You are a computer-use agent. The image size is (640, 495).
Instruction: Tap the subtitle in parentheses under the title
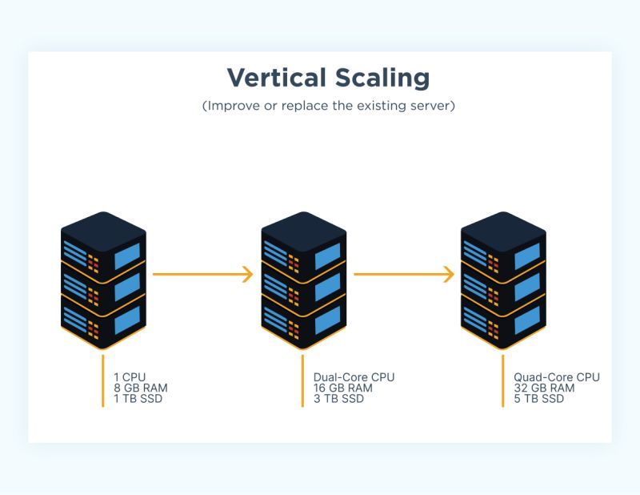[x=329, y=107]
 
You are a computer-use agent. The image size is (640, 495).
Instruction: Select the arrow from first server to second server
[x=202, y=274]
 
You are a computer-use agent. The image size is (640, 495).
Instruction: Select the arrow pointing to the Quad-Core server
[x=403, y=274]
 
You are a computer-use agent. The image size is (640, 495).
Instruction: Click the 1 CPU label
[x=130, y=377]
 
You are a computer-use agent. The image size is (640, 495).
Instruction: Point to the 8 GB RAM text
[x=141, y=388]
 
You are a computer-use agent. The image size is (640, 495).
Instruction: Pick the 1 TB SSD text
[x=138, y=398]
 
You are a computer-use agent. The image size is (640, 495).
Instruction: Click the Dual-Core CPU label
[x=354, y=377]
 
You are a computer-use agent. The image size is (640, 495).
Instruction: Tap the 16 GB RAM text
[x=343, y=388]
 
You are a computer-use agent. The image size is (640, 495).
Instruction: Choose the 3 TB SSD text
[x=338, y=398]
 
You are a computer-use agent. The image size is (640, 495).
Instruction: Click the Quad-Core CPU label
[x=557, y=377]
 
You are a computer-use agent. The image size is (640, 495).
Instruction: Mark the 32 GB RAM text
[x=544, y=388]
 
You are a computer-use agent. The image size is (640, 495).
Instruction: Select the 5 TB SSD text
[x=539, y=398]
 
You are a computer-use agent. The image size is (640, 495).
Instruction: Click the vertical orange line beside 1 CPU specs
[x=103, y=380]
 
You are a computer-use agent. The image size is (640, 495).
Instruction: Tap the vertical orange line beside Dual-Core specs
[x=302, y=380]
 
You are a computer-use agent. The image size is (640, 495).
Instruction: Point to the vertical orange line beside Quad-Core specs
[x=502, y=380]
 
